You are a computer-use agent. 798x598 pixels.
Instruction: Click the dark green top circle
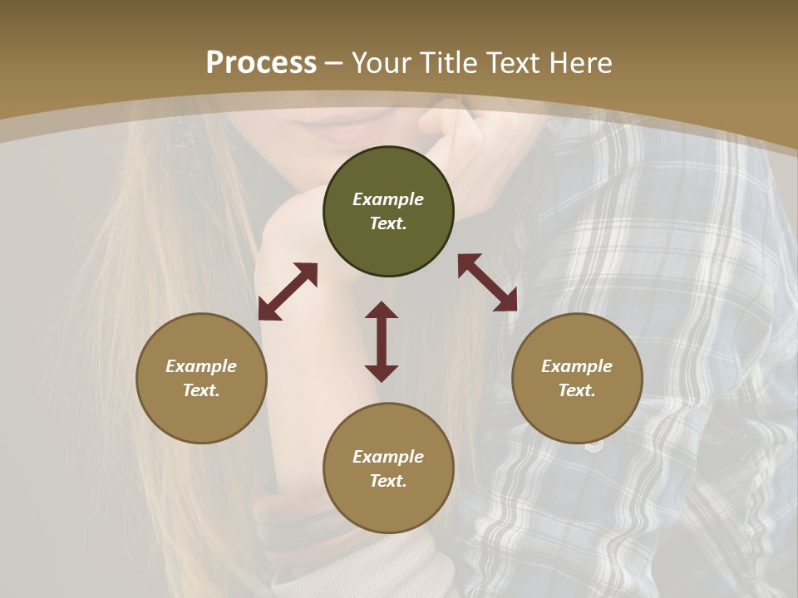pos(388,212)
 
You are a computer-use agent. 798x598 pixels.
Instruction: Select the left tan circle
pos(201,378)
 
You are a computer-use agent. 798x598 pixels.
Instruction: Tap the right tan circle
pos(577,378)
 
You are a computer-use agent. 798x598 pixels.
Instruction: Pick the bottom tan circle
pos(388,468)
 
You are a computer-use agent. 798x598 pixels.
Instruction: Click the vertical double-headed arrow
pos(382,341)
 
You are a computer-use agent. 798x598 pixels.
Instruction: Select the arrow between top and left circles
pos(288,292)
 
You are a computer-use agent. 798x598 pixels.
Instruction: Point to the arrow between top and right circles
pos(487,282)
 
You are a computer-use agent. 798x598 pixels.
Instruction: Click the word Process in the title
pos(261,63)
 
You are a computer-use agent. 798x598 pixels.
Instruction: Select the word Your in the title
pos(379,63)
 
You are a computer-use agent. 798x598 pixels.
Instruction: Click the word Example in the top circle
pos(388,199)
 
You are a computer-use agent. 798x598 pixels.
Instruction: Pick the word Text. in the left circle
pos(201,390)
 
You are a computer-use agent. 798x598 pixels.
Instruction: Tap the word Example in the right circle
pos(577,366)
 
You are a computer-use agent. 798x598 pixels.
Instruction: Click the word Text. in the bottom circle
pos(388,481)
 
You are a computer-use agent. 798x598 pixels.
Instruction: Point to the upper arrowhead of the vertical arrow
pos(382,310)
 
